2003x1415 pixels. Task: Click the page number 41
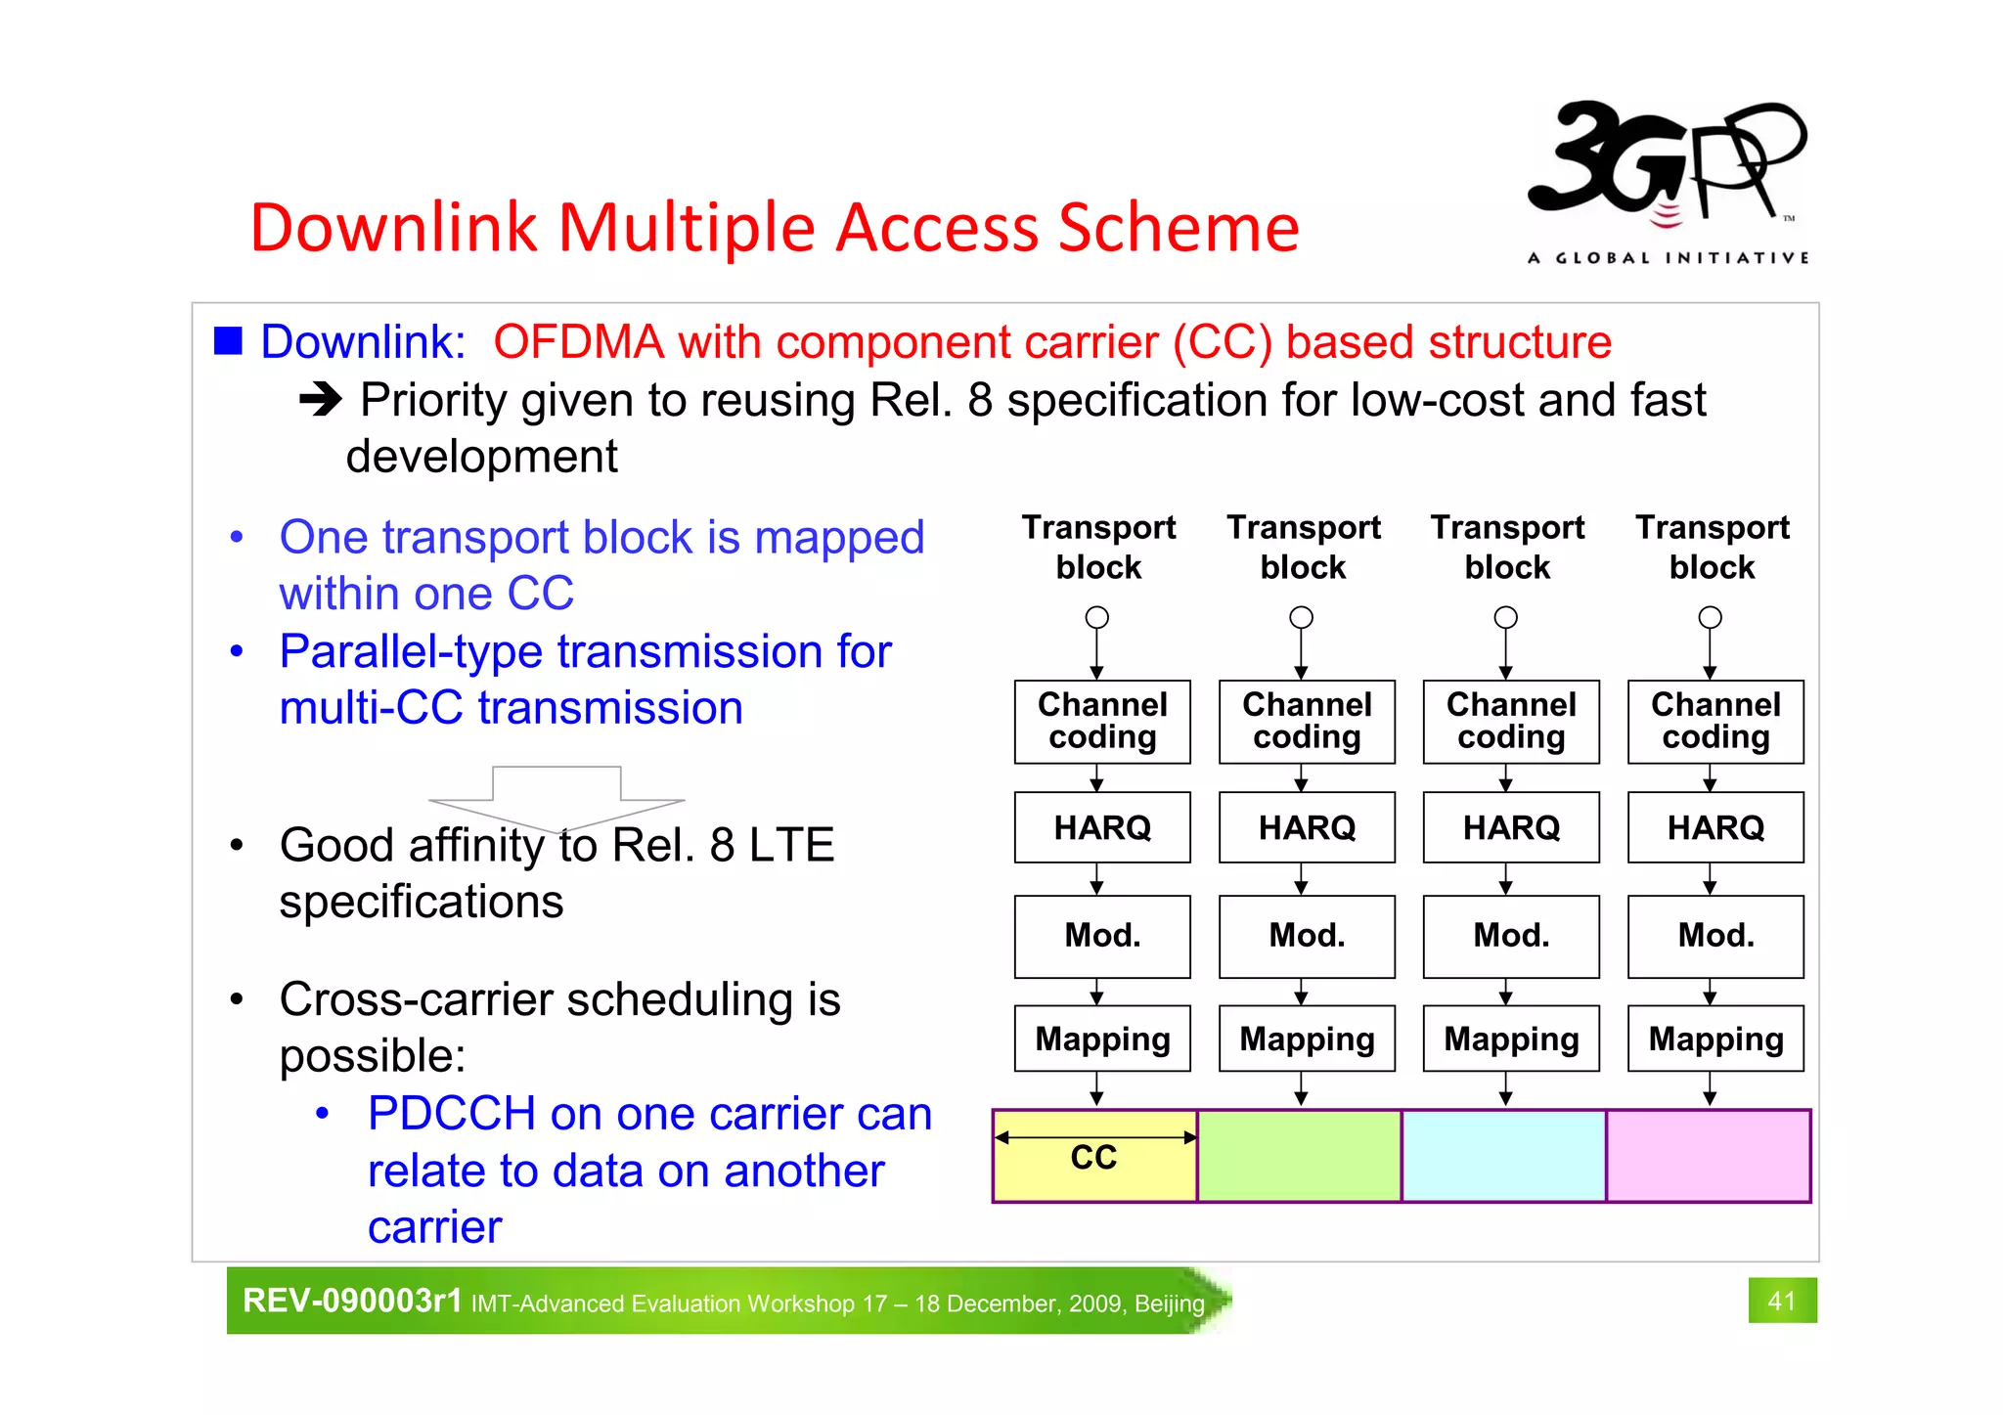tap(1781, 1301)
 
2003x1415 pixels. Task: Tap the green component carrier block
tap(1299, 1156)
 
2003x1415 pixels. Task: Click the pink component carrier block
tap(1708, 1156)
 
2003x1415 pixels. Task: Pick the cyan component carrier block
tap(1503, 1156)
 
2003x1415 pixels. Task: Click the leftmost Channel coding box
tap(1102, 722)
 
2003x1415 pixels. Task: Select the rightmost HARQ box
tap(1715, 828)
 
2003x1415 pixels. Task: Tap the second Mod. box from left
tap(1307, 936)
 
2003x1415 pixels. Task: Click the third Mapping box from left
tap(1511, 1039)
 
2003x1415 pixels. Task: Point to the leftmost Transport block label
tap(1098, 547)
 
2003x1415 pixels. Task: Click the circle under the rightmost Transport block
tap(1710, 617)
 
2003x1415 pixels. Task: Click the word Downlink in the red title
tap(393, 228)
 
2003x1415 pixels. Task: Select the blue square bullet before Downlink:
tap(228, 340)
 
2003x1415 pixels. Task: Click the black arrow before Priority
tap(320, 399)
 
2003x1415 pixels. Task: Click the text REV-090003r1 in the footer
tap(352, 1301)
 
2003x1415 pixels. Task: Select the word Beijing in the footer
tap(1170, 1304)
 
